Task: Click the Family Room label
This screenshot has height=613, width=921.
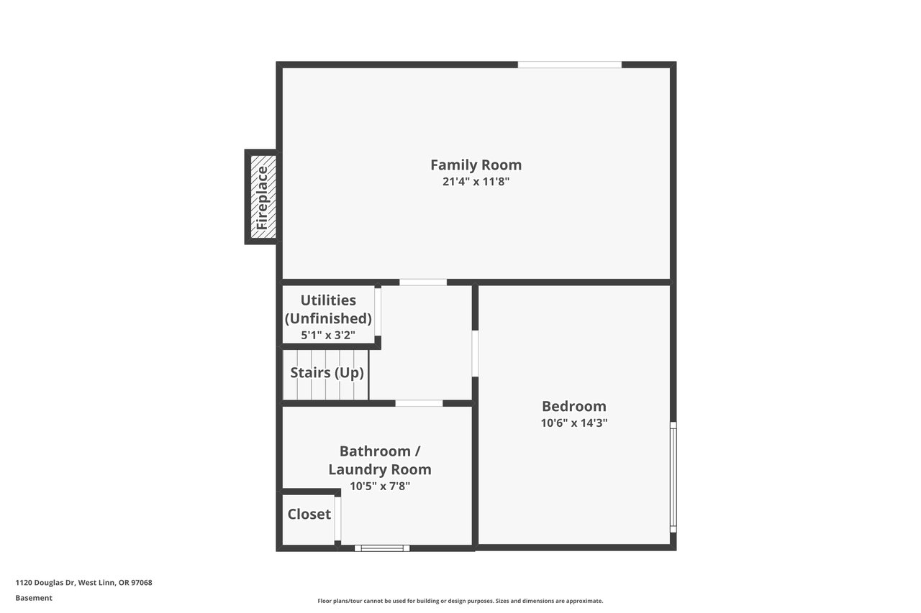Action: pyautogui.click(x=476, y=165)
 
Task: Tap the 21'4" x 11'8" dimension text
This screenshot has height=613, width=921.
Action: pyautogui.click(x=476, y=182)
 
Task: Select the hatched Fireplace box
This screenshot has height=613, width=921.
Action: pyautogui.click(x=263, y=197)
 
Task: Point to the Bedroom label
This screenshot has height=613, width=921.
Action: pyautogui.click(x=574, y=407)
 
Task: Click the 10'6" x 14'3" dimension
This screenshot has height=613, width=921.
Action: pyautogui.click(x=574, y=423)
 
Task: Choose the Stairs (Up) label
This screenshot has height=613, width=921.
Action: pyautogui.click(x=327, y=373)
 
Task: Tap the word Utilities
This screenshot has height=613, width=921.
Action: pyautogui.click(x=328, y=300)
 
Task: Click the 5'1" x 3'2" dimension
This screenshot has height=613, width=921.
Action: pyautogui.click(x=328, y=335)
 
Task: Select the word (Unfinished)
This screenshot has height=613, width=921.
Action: pyautogui.click(x=328, y=318)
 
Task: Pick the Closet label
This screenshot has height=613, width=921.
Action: pyautogui.click(x=309, y=514)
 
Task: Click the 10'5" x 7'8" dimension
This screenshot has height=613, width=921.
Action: pyautogui.click(x=380, y=486)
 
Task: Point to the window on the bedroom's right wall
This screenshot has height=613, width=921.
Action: pyautogui.click(x=673, y=477)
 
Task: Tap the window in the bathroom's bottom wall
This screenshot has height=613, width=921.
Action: pyautogui.click(x=382, y=548)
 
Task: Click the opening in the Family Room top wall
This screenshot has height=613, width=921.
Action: pyautogui.click(x=569, y=65)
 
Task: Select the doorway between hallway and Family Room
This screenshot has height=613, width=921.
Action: pyautogui.click(x=423, y=282)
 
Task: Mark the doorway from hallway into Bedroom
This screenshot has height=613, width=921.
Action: pyautogui.click(x=475, y=354)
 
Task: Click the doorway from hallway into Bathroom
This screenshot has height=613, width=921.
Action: pyautogui.click(x=419, y=403)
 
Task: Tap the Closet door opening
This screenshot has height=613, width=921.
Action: pyautogui.click(x=337, y=519)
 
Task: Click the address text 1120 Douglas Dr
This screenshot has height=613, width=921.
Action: pyautogui.click(x=45, y=583)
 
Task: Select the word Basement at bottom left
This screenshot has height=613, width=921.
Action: pyautogui.click(x=34, y=598)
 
